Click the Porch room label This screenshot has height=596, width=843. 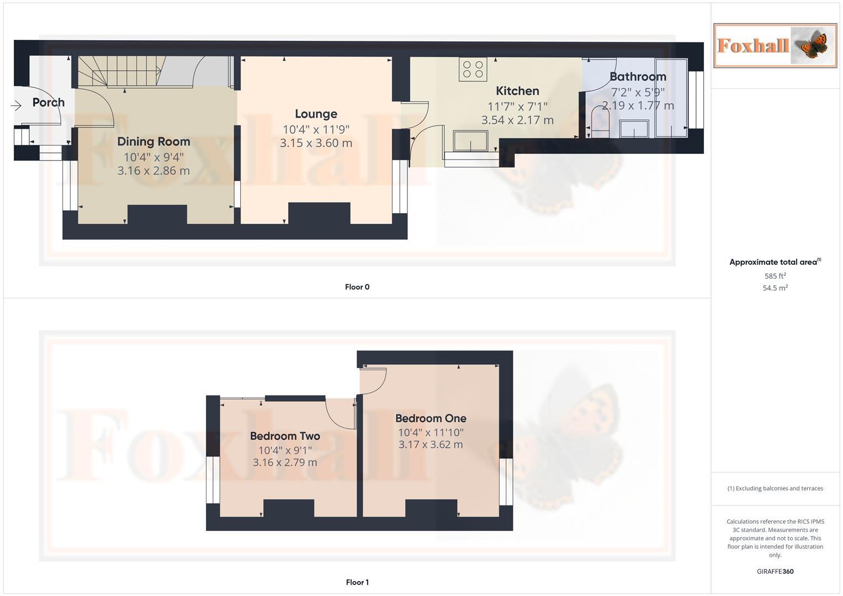49,102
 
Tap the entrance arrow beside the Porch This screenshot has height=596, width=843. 15,105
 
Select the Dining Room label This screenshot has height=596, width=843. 153,142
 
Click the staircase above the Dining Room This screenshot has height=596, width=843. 119,72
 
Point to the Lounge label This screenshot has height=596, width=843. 316,114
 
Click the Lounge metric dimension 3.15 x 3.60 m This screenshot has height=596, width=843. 316,143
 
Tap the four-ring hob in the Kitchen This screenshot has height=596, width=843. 473,68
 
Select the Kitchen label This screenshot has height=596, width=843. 517,91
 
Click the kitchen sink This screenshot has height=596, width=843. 470,141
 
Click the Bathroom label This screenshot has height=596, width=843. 638,77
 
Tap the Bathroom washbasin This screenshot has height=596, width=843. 634,129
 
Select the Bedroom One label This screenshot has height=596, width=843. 431,418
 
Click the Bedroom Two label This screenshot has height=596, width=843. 285,436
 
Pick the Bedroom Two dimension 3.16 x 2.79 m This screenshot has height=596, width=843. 285,462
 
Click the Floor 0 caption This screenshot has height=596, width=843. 357,287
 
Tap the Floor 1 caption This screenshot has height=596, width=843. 357,582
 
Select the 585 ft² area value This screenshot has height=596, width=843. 775,276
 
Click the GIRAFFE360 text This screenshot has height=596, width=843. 775,572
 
